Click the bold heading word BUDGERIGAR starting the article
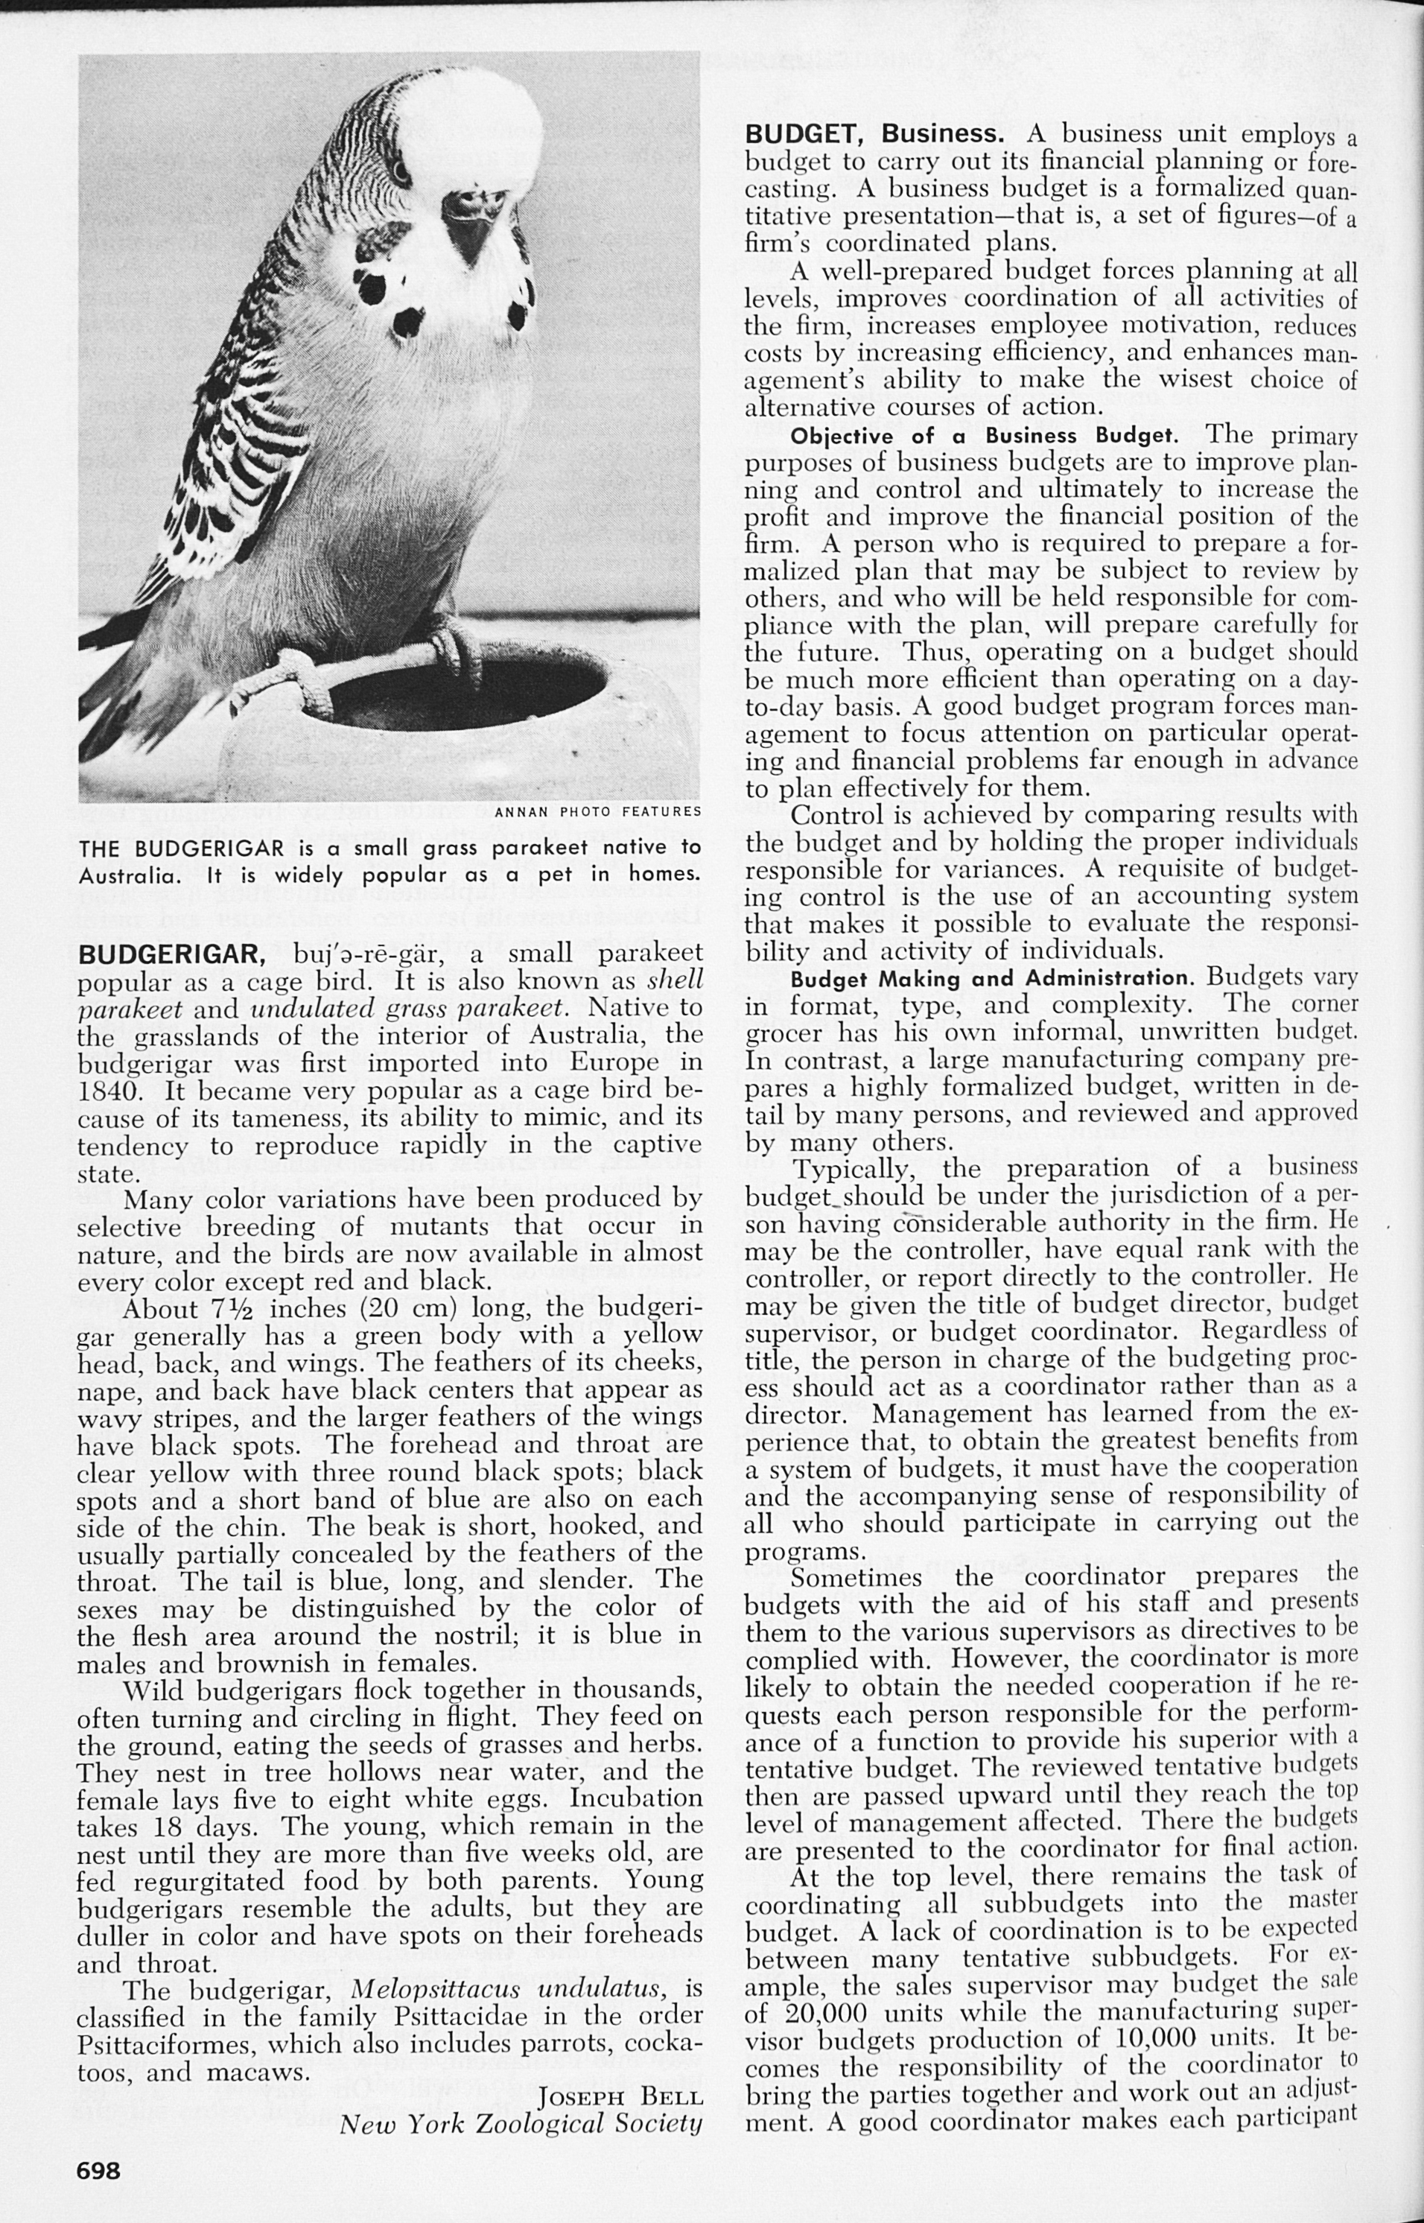coord(172,954)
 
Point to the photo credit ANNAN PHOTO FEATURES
coord(597,813)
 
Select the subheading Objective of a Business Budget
coord(983,436)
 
